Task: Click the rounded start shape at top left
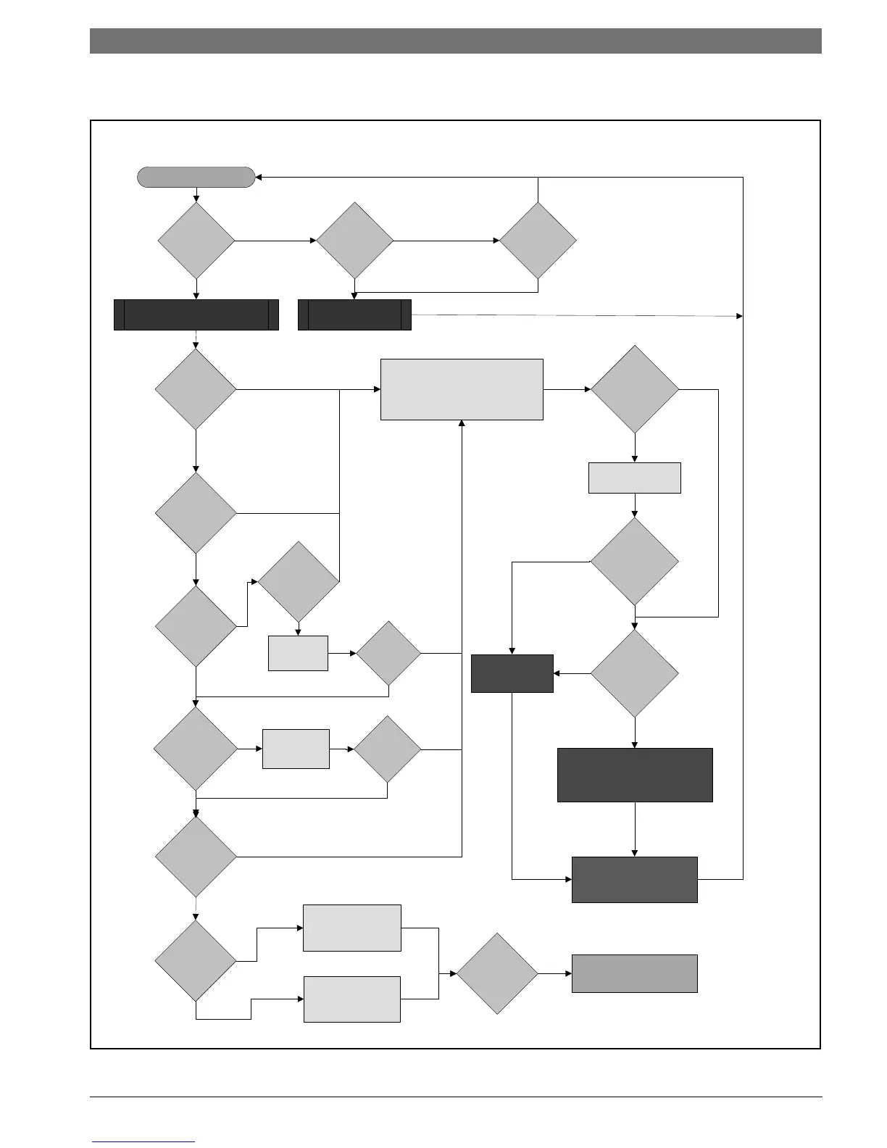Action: click(x=196, y=178)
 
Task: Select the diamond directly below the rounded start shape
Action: click(x=196, y=240)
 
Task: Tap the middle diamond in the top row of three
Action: click(x=355, y=240)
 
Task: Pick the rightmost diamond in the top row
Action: click(x=538, y=240)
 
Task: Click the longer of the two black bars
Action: click(x=196, y=315)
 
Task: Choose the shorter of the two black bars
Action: click(x=355, y=315)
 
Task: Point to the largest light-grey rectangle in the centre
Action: click(x=462, y=389)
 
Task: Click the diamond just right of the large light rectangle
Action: click(x=635, y=389)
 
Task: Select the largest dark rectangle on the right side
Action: click(x=635, y=775)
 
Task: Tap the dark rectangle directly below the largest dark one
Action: click(x=635, y=879)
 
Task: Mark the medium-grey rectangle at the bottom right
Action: click(x=635, y=973)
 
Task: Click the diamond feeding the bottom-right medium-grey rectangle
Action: click(x=497, y=973)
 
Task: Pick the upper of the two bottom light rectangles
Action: click(x=352, y=928)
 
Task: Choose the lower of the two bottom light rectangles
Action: click(x=352, y=999)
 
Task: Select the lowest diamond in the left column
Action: click(x=196, y=961)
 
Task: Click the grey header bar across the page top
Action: click(x=455, y=41)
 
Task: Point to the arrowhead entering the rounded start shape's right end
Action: click(x=259, y=178)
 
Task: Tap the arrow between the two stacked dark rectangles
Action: click(x=635, y=830)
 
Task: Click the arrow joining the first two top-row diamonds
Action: click(x=275, y=240)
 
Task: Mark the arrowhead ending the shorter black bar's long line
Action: click(x=740, y=316)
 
